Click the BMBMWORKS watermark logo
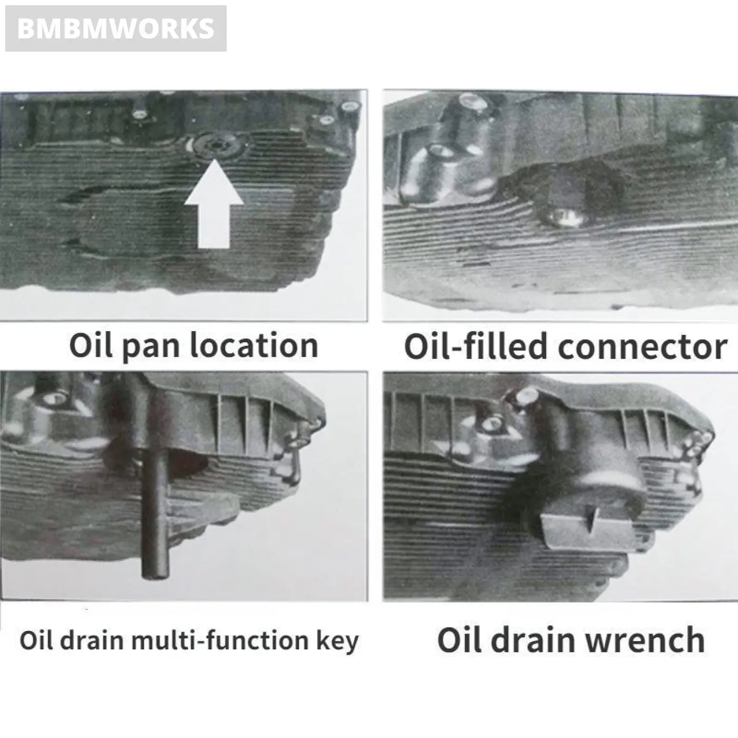coord(116,28)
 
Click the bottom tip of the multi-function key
coord(155,572)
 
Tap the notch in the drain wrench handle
coord(591,520)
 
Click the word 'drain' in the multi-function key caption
coord(93,641)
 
